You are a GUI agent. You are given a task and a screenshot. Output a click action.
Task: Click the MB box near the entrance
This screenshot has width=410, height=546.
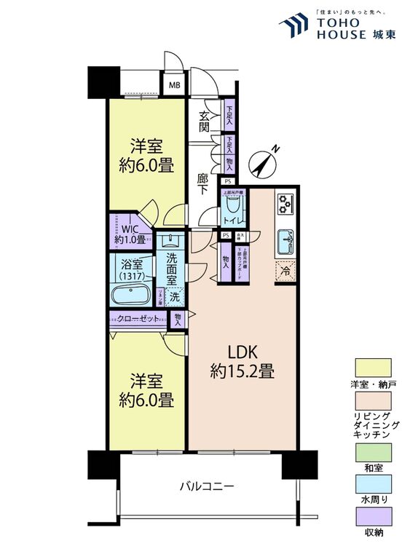(x=174, y=85)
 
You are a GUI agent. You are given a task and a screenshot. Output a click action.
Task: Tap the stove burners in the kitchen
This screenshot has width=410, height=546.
(x=284, y=205)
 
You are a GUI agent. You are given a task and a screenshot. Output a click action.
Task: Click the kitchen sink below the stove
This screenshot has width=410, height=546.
(x=285, y=240)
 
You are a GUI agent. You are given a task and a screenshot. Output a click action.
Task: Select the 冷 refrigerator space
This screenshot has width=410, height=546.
(x=285, y=269)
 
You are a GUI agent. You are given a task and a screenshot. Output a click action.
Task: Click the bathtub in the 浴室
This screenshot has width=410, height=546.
(x=131, y=297)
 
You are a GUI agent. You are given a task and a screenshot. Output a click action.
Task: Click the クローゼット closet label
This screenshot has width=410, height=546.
(x=138, y=318)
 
